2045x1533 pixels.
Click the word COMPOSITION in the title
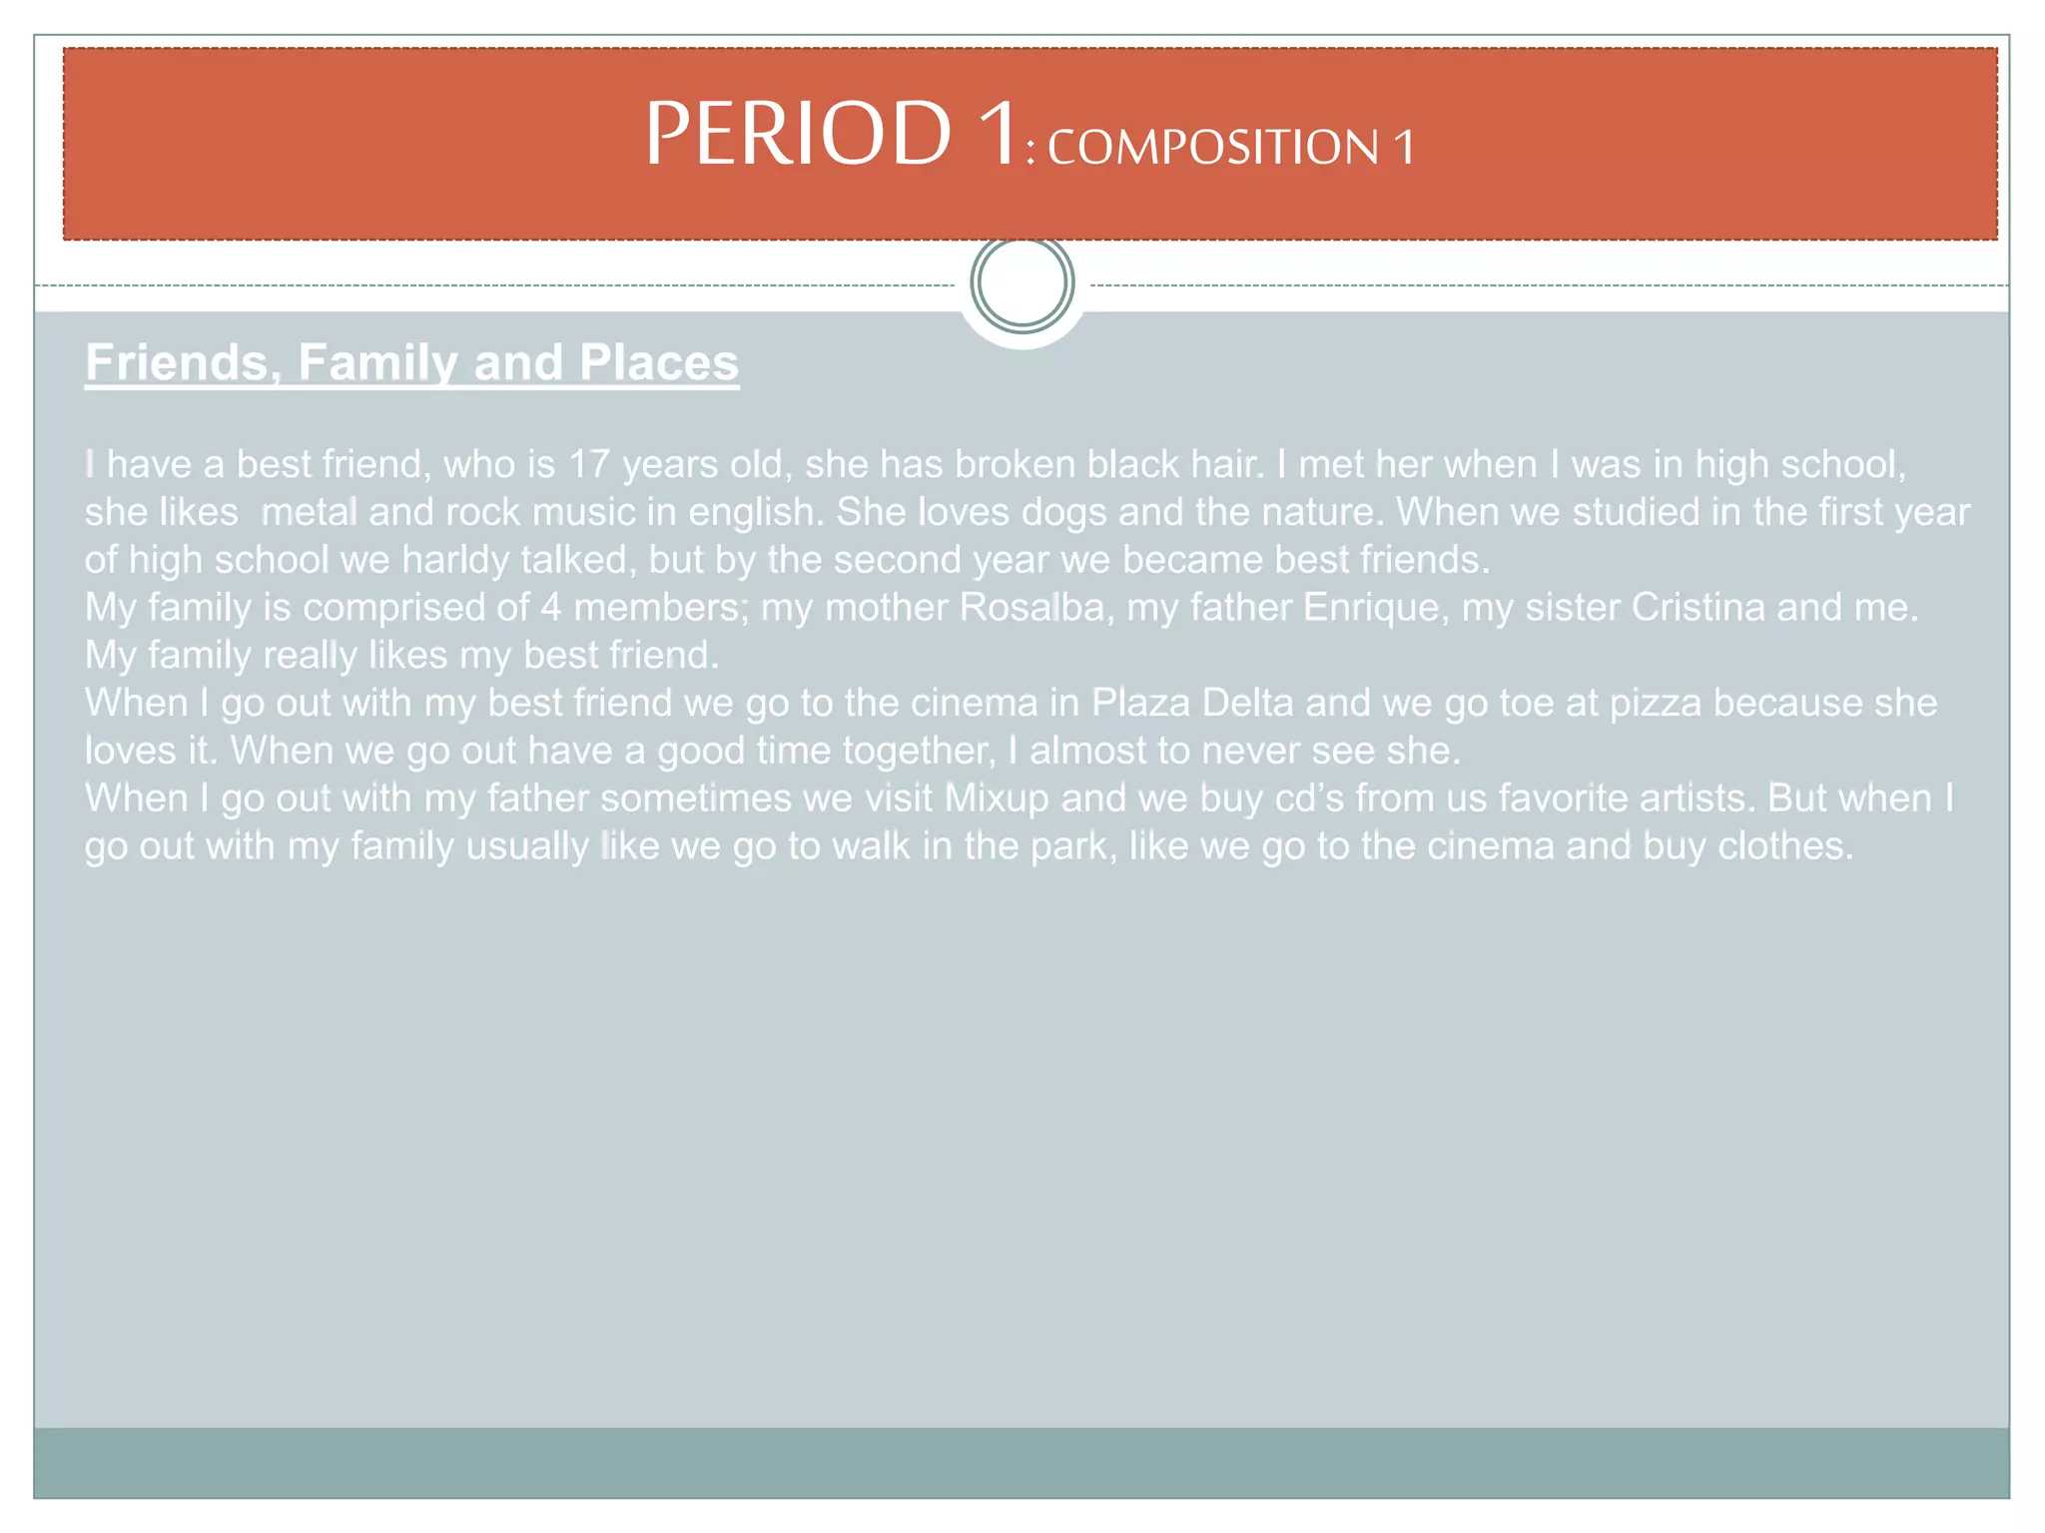[x=1213, y=148]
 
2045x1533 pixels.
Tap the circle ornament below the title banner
[x=1022, y=282]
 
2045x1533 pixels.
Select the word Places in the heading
[x=659, y=361]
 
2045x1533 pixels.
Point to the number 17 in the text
[x=589, y=464]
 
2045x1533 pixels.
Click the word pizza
[x=1655, y=703]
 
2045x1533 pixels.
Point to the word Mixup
[x=997, y=798]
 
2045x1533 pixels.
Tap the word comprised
[x=393, y=607]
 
